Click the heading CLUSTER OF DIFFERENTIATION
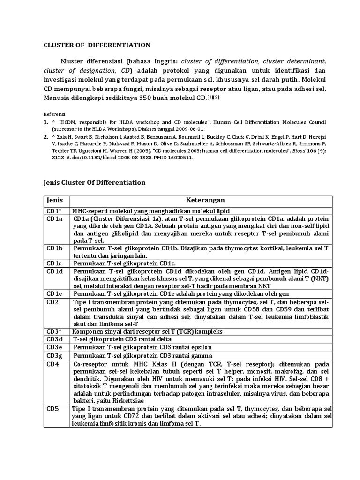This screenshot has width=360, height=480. coord(97,45)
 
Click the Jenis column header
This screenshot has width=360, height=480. coord(54,200)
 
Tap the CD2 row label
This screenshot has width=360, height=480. coord(52,301)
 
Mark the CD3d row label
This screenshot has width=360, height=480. coord(54,339)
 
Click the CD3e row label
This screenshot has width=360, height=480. coord(54,347)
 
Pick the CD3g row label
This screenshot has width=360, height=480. coord(54,356)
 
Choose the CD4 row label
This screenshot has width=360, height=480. coord(52,364)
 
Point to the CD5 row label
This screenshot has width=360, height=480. coord(52,409)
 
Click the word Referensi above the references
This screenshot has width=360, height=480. coord(54,114)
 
